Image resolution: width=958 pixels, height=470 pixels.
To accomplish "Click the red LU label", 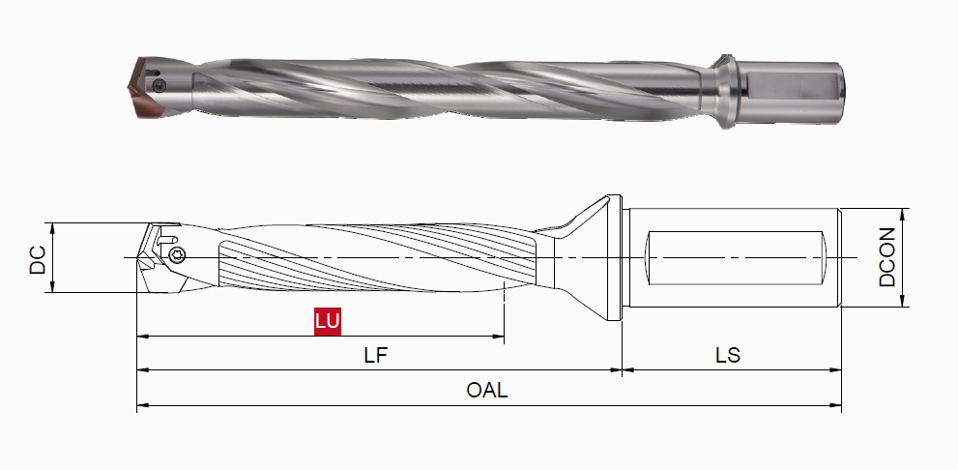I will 328,320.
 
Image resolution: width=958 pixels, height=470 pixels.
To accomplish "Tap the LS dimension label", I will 728,355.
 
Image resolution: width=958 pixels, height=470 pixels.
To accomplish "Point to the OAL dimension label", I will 487,391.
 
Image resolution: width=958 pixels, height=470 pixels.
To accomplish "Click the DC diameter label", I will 38,258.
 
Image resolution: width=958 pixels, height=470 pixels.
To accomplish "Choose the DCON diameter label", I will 888,258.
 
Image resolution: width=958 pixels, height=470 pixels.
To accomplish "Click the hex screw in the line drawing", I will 177,256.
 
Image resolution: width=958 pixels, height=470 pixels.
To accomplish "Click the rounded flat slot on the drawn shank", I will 735,258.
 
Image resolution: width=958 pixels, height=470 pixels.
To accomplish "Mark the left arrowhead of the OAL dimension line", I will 141,405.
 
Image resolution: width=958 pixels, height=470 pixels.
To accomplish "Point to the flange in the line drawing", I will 610,258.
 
